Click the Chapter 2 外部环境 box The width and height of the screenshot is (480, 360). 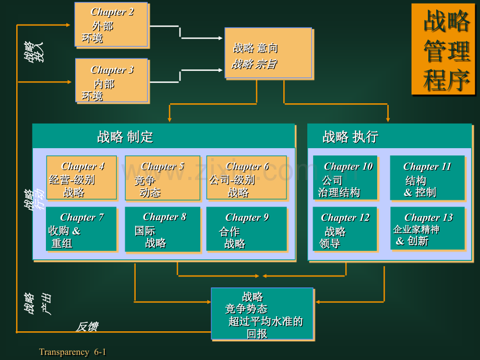pos(112,25)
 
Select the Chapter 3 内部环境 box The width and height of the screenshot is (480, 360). pos(112,80)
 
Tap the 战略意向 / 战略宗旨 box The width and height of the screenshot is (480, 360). pos(269,53)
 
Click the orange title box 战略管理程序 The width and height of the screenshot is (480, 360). pos(443,49)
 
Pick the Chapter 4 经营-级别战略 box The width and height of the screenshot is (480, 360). pos(81,178)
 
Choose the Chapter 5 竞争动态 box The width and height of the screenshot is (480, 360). pos(163,178)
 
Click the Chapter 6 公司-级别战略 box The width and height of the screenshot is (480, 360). pos(247,178)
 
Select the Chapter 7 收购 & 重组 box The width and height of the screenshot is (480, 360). pos(81,229)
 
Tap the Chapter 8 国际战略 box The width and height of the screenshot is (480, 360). pos(163,229)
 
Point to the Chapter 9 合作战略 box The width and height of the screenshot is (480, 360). pos(247,229)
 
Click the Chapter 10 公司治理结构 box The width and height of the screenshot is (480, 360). pos(345,178)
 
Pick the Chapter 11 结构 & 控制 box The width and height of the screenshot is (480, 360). pos(428,178)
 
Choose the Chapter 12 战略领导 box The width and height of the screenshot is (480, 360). pos(345,229)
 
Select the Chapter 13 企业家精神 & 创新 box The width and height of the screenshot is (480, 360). pos(428,229)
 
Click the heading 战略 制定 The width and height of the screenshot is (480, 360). pos(125,137)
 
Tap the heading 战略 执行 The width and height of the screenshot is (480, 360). pos(350,137)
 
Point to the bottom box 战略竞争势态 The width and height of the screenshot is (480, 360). pos(262,314)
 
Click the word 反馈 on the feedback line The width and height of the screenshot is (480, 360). pos(87,327)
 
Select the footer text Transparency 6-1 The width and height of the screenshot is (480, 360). pos(73,352)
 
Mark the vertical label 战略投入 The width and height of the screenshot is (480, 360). pos(34,52)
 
